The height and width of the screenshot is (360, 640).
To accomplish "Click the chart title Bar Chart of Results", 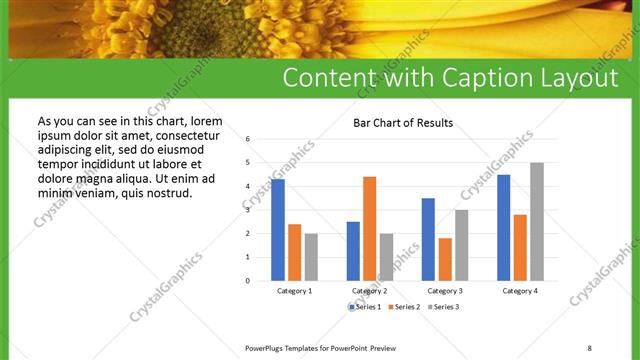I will pos(403,123).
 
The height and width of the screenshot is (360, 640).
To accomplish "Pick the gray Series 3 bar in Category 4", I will pos(537,221).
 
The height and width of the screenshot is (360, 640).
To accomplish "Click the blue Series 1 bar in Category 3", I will pos(428,239).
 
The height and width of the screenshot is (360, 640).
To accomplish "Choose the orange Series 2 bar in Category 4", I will pos(520,247).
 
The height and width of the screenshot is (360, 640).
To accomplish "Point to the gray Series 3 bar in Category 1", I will pos(311,257).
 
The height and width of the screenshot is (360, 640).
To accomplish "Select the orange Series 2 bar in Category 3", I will pos(445,259).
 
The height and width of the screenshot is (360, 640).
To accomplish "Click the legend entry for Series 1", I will pos(366,307).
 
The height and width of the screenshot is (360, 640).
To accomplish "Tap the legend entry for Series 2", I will pos(404,307).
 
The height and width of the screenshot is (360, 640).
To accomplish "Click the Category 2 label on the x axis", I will pos(369,291).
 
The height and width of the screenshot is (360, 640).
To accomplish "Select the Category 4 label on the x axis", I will pos(520,291).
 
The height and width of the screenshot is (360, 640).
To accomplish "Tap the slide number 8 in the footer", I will pos(590,347).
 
